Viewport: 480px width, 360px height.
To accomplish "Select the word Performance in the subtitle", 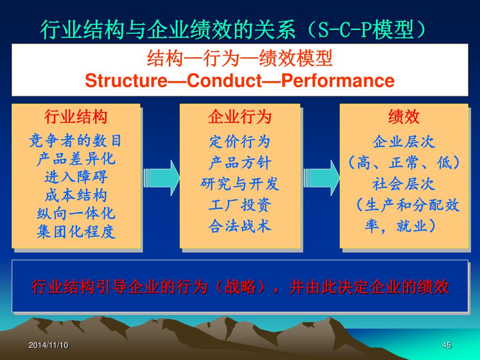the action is pos(337,81).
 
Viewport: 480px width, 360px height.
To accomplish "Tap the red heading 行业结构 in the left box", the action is pos(76,117).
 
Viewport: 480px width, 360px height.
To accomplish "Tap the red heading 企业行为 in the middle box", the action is pos(240,117).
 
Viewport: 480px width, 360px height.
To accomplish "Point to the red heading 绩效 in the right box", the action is pos(404,117).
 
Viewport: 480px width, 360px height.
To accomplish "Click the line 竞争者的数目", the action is pos(76,140).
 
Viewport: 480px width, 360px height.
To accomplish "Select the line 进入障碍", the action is pos(76,177).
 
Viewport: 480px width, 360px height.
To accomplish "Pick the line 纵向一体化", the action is pos(76,214).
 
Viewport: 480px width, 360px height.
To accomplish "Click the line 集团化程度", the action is pos(76,232).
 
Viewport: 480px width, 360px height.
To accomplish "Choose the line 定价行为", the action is pos(240,141).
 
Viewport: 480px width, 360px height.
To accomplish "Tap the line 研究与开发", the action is pos(240,184).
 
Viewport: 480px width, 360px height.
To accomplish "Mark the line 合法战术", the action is pos(240,226).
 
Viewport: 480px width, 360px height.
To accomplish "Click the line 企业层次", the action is pos(404,141).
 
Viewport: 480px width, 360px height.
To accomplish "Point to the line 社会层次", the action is pos(404,184).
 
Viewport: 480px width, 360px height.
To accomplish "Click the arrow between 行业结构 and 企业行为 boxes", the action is pos(161,177).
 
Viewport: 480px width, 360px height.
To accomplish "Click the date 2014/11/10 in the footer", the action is pos(48,345).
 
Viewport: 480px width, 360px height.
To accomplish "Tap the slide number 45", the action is pos(446,345).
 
